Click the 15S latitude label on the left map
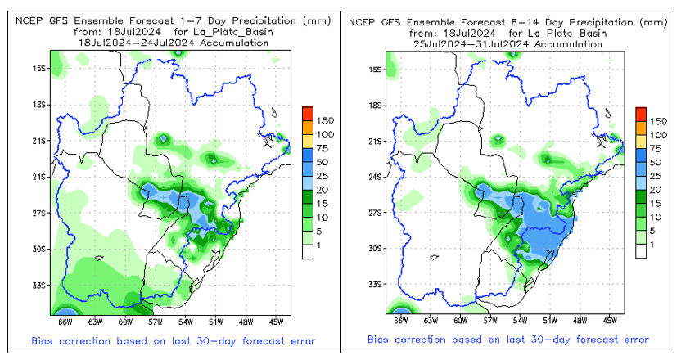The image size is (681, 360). point(38,69)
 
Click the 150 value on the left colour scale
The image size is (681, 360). point(325,120)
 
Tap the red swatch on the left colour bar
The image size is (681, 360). point(306,112)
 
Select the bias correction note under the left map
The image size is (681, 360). point(174,340)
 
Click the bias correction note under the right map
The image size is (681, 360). point(507,340)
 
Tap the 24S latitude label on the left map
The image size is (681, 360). point(38,177)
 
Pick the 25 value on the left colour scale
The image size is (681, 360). point(322,176)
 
